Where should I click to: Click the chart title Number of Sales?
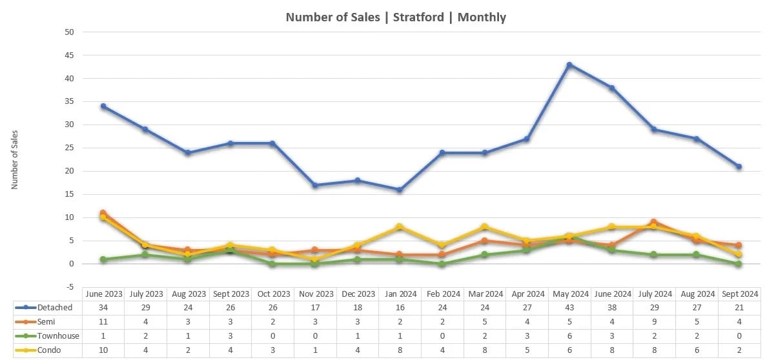[x=396, y=17]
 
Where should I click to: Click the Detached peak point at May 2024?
[x=569, y=65]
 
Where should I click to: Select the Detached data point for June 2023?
[x=103, y=106]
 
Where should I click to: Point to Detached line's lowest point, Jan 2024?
[x=400, y=190]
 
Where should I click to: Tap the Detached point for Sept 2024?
[x=739, y=166]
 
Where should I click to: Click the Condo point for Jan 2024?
[x=400, y=226]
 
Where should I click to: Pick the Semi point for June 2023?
[x=103, y=213]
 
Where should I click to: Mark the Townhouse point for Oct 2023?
[x=272, y=264]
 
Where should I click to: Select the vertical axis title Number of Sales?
[x=15, y=159]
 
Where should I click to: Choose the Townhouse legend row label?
[x=57, y=335]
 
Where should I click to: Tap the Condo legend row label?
[x=51, y=349]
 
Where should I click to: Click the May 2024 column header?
[x=569, y=294]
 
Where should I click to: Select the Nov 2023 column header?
[x=315, y=294]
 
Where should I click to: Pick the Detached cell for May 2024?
[x=569, y=308]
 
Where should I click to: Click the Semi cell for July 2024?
[x=654, y=322]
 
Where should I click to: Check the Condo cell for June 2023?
[x=103, y=349]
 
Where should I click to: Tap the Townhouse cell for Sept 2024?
[x=739, y=335]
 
